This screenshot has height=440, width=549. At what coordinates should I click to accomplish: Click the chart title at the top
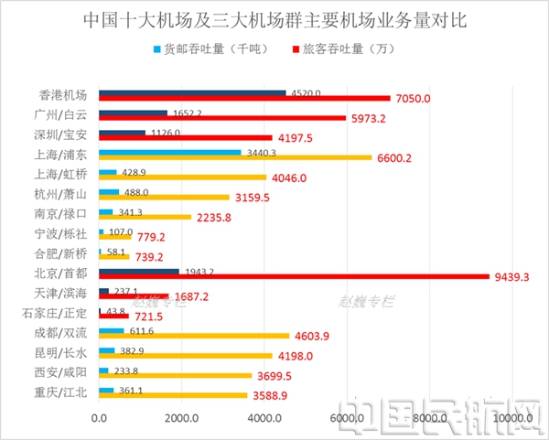tap(274, 19)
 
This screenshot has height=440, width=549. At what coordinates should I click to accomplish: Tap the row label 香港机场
tap(64, 94)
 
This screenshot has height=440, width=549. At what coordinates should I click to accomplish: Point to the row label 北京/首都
tap(64, 273)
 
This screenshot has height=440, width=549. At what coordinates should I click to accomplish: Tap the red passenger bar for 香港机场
tap(243, 98)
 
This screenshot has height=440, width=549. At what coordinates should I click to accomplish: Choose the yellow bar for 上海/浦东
tap(234, 156)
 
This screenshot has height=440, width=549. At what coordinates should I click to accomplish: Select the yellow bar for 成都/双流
tap(193, 335)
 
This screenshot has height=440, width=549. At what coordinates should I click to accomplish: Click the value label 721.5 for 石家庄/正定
tap(149, 316)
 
